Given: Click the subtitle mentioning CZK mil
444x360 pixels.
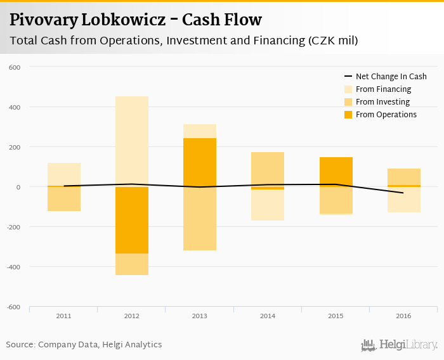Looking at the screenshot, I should [183, 41].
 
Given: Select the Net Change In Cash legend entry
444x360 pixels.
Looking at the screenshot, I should [391, 77].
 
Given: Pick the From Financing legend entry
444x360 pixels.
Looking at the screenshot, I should [383, 89].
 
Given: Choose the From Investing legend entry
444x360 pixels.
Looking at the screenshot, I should [382, 102].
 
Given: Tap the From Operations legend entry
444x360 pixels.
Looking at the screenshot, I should [386, 115].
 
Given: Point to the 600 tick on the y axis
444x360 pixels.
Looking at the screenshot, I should [15, 67].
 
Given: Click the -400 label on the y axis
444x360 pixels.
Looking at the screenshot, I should [14, 267].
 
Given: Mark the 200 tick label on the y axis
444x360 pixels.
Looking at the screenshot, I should [15, 147].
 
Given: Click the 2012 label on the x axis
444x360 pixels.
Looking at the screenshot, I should [132, 316].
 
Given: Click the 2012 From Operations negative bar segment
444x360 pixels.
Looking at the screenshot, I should [132, 220].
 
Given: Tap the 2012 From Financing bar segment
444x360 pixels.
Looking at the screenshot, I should [132, 141].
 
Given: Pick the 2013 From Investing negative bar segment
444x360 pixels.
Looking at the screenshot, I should [199, 219].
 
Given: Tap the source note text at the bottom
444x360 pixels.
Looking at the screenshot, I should [84, 345].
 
